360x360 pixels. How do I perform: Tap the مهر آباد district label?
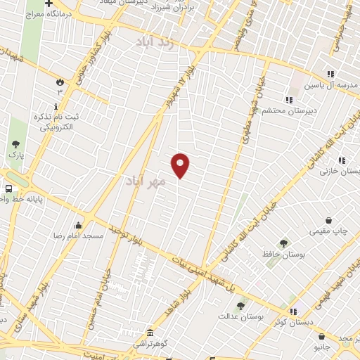pyautogui.click(x=146, y=181)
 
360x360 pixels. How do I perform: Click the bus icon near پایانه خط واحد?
pyautogui.click(x=8, y=188)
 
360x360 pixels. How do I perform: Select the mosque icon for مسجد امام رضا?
pyautogui.click(x=78, y=225)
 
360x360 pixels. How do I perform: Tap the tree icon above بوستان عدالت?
pyautogui.click(x=241, y=305)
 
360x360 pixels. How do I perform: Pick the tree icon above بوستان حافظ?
pyautogui.click(x=283, y=243)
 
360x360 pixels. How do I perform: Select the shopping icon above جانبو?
pyautogui.click(x=321, y=336)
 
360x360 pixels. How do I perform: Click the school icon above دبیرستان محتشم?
pyautogui.click(x=288, y=99)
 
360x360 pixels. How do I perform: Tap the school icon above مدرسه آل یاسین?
pyautogui.click(x=330, y=74)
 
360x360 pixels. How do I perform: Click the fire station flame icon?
pyautogui.click(x=60, y=82)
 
